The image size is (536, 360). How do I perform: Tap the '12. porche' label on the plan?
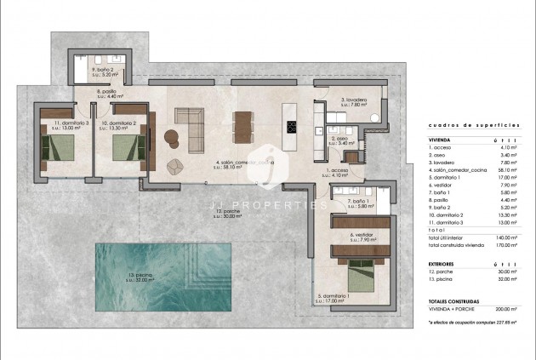click(x=227, y=213)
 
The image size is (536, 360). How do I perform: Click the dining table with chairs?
click(x=242, y=126)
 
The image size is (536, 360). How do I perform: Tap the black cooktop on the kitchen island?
click(x=292, y=128)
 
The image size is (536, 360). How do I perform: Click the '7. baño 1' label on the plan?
click(x=362, y=203)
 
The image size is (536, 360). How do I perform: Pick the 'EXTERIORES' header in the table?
click(x=445, y=265)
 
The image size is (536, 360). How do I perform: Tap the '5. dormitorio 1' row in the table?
click(x=452, y=178)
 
